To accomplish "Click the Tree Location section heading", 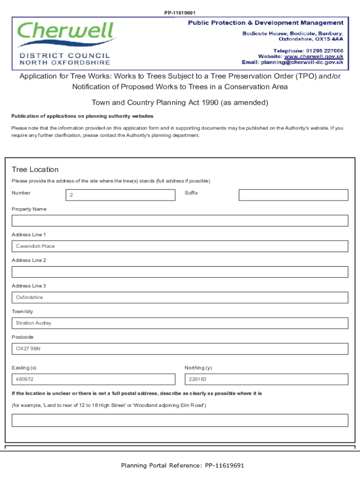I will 35,169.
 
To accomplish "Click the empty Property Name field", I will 180,221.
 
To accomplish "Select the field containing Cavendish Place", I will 180,246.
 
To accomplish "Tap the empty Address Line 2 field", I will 180,272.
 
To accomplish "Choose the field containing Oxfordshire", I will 180,298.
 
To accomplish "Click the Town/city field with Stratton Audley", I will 180,323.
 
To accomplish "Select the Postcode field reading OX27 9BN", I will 180,349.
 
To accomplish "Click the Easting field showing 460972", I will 94,379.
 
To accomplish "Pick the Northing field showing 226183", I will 266,379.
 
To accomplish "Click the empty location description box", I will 180,420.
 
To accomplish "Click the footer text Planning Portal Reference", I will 182,465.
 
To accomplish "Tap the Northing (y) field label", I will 198,368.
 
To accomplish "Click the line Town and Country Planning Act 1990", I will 180,102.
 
